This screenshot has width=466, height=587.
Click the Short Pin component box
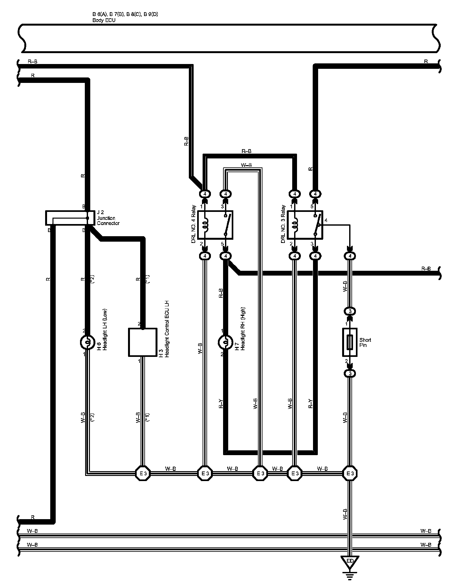(x=350, y=342)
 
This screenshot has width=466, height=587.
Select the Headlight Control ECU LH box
(x=143, y=342)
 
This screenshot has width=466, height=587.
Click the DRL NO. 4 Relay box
(x=215, y=225)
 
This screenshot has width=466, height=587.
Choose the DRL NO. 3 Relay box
(x=305, y=225)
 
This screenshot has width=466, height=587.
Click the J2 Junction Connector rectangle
(x=67, y=218)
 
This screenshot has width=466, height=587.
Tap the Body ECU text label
(x=104, y=20)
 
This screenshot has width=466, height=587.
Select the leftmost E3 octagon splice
(x=142, y=473)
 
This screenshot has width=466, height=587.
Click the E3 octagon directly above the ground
(x=350, y=473)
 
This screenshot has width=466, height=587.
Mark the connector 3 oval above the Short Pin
(x=350, y=311)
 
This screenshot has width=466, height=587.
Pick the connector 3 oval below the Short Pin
(x=350, y=373)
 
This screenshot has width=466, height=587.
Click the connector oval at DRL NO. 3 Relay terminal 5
(x=315, y=194)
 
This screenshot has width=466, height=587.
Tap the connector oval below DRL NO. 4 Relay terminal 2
(x=205, y=256)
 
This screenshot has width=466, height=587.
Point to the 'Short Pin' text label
(x=365, y=342)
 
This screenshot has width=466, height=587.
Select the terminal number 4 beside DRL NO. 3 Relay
(x=326, y=221)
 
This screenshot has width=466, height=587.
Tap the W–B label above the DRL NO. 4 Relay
(x=246, y=165)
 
